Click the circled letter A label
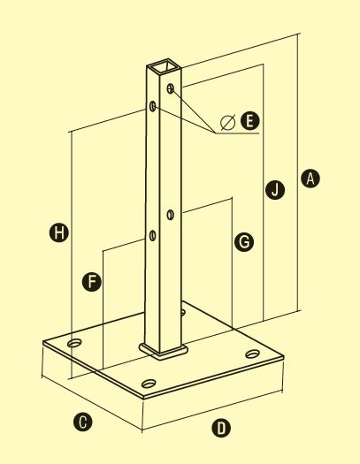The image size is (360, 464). point(310,179)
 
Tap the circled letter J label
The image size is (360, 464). point(275,189)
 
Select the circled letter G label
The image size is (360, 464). point(244,242)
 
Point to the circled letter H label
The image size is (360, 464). point(59,232)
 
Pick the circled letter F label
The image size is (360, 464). point(92,282)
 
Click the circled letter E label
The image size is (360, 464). point(249,121)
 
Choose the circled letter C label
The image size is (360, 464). point(83,422)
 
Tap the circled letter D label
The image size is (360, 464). point(221,428)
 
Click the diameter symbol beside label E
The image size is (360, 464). point(228,122)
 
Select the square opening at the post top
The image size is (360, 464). point(165,67)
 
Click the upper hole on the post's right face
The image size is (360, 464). point(170,88)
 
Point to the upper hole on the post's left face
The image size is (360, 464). point(153,106)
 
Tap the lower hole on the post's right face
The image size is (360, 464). point(170,214)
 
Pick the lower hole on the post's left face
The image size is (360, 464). point(152,236)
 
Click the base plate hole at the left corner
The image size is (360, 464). point(74,343)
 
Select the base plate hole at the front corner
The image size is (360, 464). point(149,384)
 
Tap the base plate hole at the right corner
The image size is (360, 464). point(253,354)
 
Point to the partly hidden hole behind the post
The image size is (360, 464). point(183,312)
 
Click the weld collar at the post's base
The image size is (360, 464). point(164,352)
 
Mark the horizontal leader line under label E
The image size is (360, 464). point(237,133)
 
